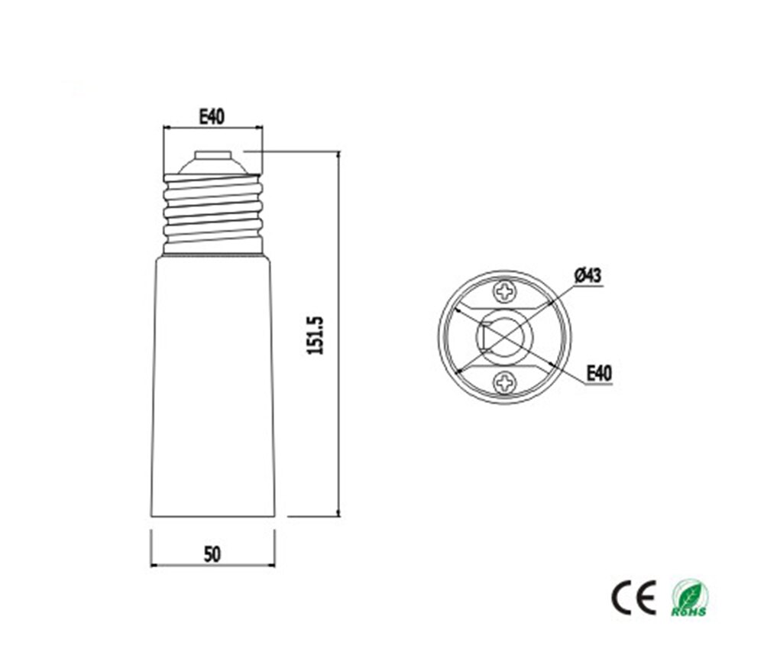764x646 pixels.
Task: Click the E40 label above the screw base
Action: [212, 117]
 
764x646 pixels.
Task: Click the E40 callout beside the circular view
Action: [599, 374]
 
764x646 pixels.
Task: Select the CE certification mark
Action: [634, 597]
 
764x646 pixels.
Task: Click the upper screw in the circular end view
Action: [505, 291]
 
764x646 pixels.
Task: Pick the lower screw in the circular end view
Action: [505, 381]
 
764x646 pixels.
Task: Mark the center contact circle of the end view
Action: [505, 336]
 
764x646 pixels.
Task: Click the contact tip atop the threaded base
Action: [213, 155]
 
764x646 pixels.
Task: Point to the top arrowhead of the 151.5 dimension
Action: [338, 155]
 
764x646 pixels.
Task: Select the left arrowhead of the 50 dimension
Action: [154, 566]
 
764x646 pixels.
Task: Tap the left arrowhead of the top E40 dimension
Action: [167, 128]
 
